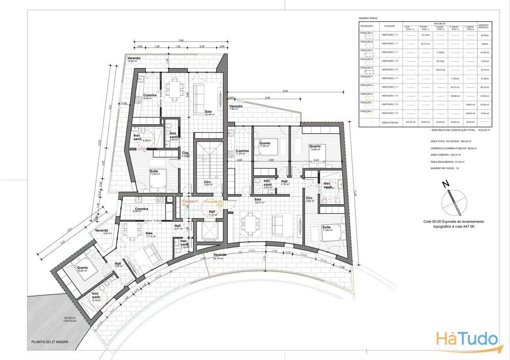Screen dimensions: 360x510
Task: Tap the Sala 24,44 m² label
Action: [209, 113]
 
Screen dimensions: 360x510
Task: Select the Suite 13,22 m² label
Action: [154, 173]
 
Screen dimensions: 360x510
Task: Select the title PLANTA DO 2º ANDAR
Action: [50, 342]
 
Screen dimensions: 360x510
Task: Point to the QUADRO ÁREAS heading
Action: [368, 17]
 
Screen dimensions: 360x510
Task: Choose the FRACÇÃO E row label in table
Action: [367, 68]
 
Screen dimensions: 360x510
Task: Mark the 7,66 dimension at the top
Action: [181, 40]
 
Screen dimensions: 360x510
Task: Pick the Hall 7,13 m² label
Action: [212, 213]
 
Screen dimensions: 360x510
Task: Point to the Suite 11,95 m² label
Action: [328, 230]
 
